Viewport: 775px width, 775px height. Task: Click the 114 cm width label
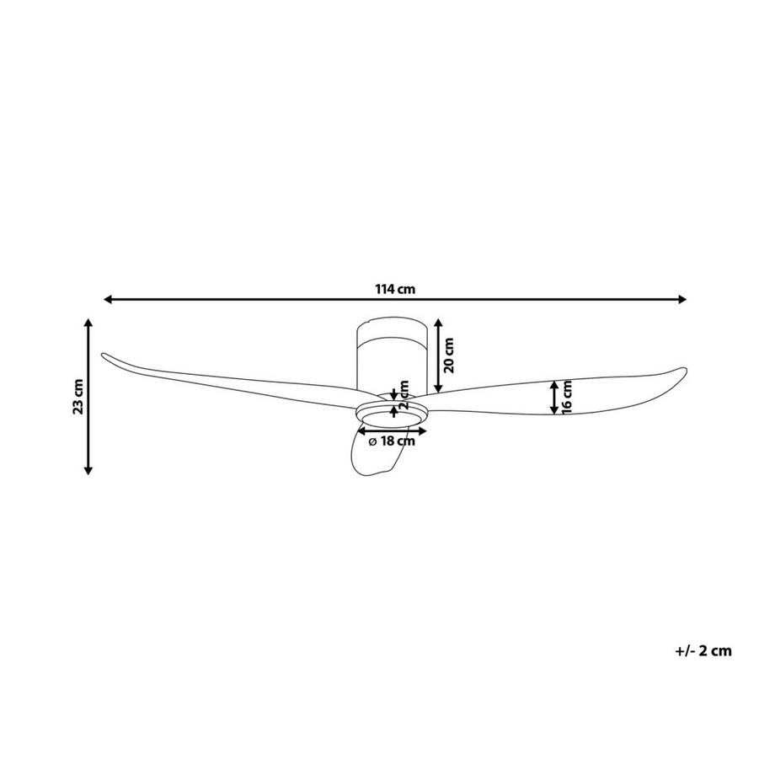click(395, 289)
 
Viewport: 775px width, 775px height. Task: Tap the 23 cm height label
click(78, 397)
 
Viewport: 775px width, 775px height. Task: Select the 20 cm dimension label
click(449, 355)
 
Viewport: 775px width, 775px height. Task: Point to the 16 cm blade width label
click(567, 397)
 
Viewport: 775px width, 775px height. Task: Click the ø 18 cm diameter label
click(392, 441)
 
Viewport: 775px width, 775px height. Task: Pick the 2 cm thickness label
click(404, 395)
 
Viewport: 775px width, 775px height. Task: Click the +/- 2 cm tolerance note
click(703, 651)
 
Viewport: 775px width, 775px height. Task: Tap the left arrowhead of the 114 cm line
click(108, 299)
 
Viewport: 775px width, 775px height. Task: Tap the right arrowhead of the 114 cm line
click(682, 299)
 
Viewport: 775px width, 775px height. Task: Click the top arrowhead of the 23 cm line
click(88, 323)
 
